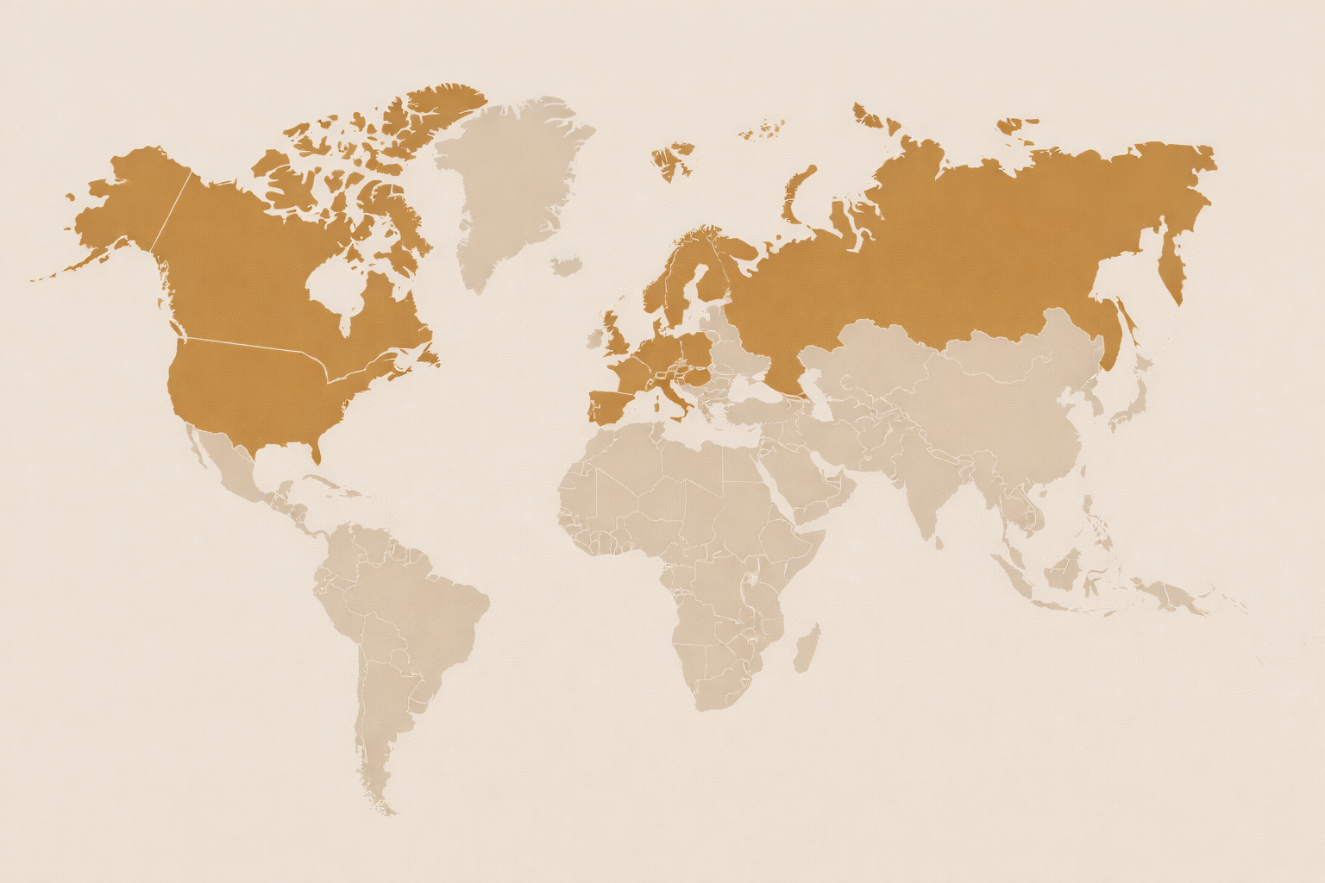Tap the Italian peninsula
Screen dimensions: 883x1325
tap(672, 398)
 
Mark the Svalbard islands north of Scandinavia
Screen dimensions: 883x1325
tap(672, 160)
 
